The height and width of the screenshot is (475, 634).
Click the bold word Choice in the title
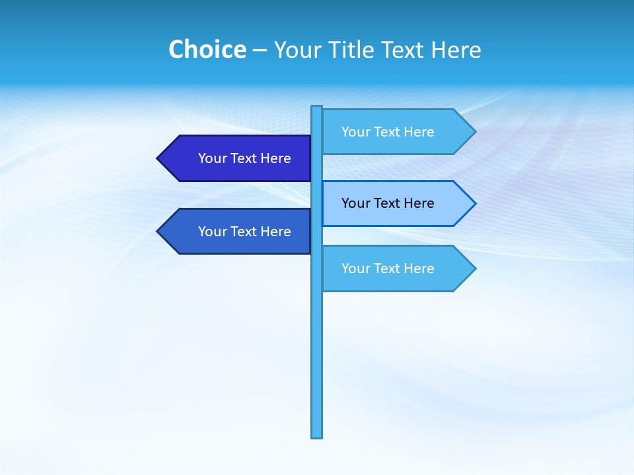[207, 49]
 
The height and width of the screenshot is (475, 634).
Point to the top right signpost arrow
[396, 132]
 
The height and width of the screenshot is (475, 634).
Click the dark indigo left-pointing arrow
[238, 158]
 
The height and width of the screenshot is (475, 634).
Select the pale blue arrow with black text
[396, 203]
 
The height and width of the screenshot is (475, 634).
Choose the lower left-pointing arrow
[238, 232]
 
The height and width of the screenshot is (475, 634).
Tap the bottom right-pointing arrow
[396, 269]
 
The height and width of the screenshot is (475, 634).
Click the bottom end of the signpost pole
[317, 435]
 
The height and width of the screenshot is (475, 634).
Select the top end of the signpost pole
[317, 108]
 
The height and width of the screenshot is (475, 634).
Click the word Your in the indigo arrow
[212, 158]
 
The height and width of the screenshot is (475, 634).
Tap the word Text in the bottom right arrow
[388, 269]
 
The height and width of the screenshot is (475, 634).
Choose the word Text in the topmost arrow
[388, 132]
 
